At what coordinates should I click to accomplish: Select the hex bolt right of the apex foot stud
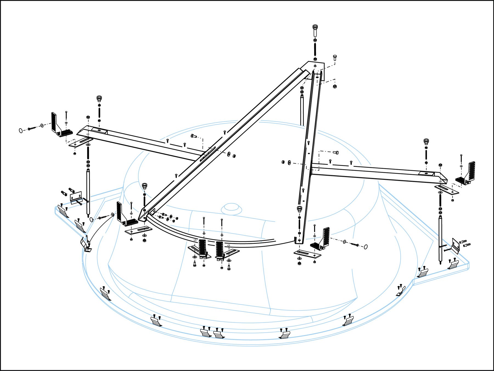click(335, 58)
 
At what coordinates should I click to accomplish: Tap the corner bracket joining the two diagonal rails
click(316, 70)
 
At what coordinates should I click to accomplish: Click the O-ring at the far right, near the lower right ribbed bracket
click(366, 247)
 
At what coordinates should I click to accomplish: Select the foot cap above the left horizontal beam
click(99, 98)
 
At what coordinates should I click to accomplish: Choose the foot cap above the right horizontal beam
click(426, 142)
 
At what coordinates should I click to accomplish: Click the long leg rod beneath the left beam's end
click(88, 192)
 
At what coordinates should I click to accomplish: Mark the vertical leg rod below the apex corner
click(302, 110)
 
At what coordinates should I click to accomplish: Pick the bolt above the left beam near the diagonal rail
click(193, 136)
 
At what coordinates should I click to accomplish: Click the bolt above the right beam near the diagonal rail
click(336, 152)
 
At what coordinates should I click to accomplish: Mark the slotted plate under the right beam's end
click(447, 189)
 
